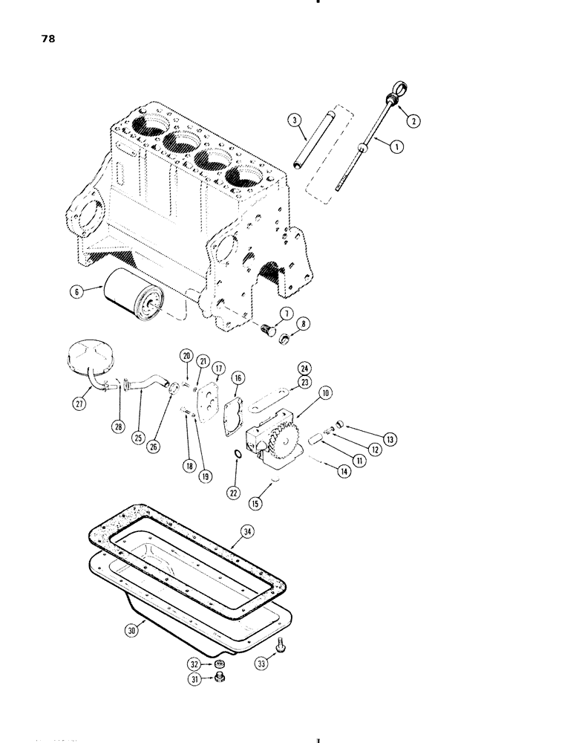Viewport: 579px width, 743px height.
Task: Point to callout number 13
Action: point(389,438)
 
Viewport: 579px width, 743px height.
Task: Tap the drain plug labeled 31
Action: point(220,679)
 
